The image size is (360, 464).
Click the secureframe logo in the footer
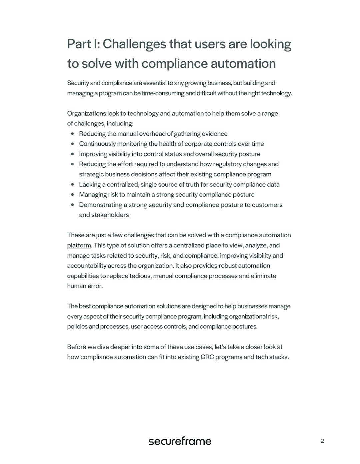coord(180,441)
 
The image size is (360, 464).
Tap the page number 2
coord(322,441)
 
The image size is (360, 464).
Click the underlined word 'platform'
coord(79,245)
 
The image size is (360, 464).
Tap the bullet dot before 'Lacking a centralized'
coord(73,185)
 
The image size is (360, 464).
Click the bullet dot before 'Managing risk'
coord(73,195)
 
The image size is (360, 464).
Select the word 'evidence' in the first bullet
coord(215,134)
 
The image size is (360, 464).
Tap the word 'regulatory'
coord(226,164)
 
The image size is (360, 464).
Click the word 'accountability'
coord(87,266)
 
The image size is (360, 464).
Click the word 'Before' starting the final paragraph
coord(76,347)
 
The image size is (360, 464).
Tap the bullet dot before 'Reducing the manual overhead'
coord(73,134)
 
